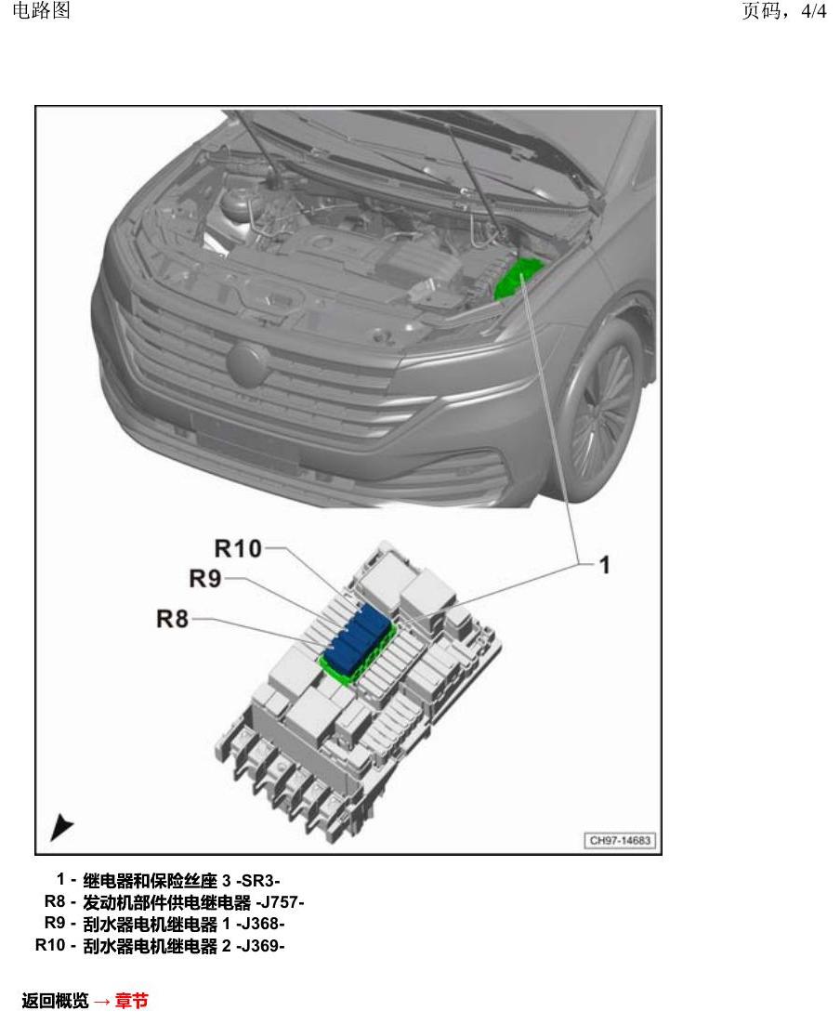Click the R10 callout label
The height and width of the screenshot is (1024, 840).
point(238,548)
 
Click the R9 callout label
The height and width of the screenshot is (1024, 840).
point(205,579)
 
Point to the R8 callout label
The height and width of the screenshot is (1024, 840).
point(173,619)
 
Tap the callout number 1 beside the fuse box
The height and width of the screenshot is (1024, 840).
point(605,565)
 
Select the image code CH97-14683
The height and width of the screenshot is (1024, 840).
point(620,841)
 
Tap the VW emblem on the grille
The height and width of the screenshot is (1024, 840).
point(247,363)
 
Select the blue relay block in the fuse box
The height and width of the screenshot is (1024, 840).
point(359,638)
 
